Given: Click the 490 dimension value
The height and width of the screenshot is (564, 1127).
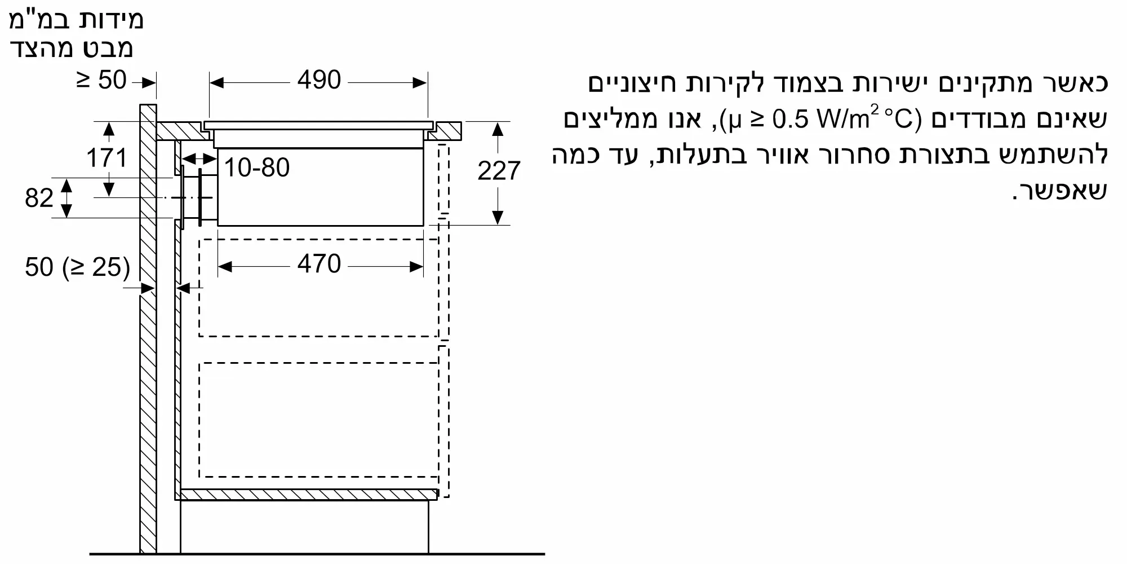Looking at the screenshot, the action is [319, 81].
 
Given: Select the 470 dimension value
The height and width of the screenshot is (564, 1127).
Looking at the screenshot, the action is [319, 264].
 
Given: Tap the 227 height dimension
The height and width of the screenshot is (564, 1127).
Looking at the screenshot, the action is [499, 171].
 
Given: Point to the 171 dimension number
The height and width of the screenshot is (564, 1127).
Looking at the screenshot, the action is [107, 158].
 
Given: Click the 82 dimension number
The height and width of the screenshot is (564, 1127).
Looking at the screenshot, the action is [39, 198].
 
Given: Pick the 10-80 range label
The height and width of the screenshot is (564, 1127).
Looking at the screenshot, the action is [257, 168].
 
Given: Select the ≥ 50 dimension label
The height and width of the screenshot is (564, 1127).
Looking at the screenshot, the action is [101, 81].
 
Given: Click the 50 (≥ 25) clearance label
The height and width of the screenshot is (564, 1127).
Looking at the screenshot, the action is [77, 267].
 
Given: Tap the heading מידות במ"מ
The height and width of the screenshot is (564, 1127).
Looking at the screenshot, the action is [77, 20].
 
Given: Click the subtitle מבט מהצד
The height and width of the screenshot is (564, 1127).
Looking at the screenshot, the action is [72, 49].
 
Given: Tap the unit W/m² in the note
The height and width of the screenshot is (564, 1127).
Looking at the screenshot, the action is [845, 118].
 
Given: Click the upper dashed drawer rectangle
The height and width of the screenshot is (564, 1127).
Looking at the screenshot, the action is [318, 288].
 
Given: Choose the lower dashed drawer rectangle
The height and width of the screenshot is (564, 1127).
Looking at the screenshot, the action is [318, 420].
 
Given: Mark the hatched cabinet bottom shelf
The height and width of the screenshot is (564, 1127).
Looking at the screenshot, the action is [308, 495].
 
